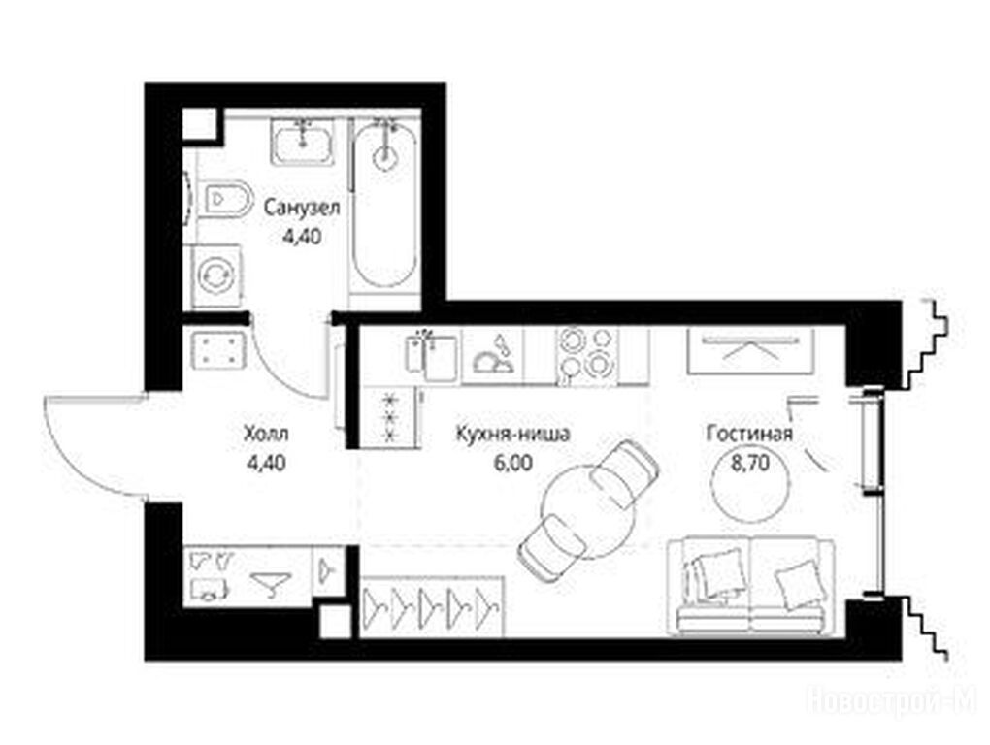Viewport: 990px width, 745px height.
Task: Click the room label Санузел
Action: (302, 208)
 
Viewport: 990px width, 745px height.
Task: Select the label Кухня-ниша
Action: (513, 434)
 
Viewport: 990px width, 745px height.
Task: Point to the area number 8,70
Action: (750, 464)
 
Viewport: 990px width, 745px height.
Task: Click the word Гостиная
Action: (749, 434)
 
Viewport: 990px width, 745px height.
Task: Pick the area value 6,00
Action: (514, 463)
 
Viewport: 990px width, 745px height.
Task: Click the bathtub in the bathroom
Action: (384, 204)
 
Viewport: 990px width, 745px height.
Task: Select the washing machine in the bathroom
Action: (216, 275)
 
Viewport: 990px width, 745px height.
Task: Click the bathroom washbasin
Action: (303, 143)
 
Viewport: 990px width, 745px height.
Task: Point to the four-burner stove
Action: (586, 355)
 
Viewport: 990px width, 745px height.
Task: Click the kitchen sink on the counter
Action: (432, 355)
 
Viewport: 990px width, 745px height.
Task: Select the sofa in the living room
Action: (751, 585)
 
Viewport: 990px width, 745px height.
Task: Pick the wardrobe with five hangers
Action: (432, 605)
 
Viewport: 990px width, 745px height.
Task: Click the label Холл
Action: (267, 434)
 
